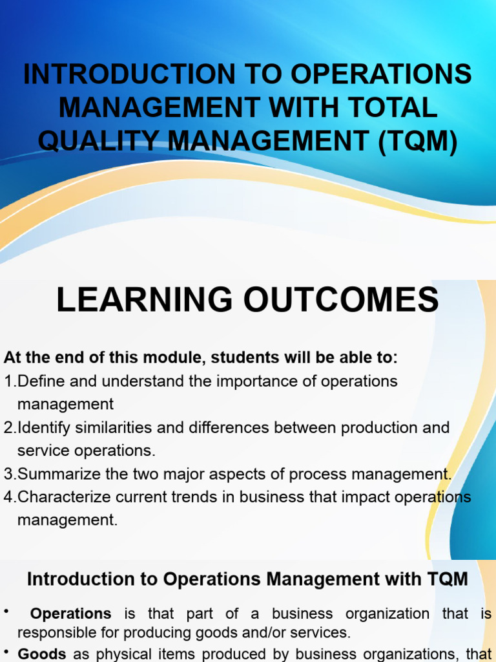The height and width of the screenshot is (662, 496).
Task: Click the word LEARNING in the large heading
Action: [x=147, y=301]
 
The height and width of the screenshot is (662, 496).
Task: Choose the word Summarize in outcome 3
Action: [x=59, y=474]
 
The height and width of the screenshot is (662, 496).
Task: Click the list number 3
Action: [x=8, y=474]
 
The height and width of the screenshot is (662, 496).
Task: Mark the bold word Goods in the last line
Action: [x=43, y=654]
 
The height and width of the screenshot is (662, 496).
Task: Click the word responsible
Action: [x=54, y=632]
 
